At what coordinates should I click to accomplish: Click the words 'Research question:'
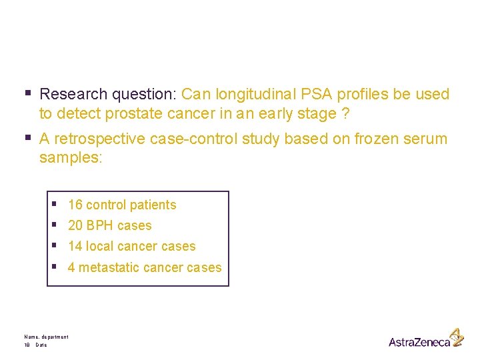(x=108, y=95)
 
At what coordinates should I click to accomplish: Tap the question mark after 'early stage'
(x=345, y=114)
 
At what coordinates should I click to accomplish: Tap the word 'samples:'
(x=70, y=158)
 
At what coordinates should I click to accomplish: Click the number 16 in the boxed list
(x=75, y=205)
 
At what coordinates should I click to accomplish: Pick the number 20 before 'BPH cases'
(x=75, y=226)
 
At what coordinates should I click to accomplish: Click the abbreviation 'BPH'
(x=99, y=226)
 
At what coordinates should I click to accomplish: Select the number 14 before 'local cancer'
(x=75, y=247)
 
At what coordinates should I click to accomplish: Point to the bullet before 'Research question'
(x=28, y=94)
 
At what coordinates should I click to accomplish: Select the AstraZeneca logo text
(x=419, y=342)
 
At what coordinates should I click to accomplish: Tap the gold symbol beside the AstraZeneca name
(x=457, y=337)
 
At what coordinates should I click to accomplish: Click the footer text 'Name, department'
(x=46, y=337)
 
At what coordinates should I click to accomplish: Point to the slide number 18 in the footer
(x=27, y=345)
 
